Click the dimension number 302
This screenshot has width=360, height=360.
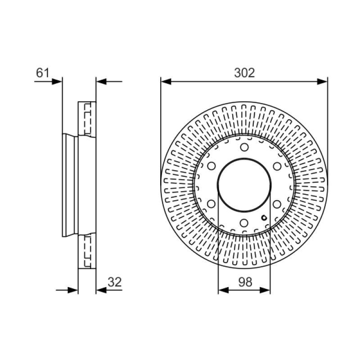[x=244, y=73]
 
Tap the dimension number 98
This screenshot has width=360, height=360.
[x=245, y=282]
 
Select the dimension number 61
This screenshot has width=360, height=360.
[x=42, y=73]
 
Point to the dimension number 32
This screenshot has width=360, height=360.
[x=114, y=282]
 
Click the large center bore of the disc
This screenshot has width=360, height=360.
[x=244, y=185]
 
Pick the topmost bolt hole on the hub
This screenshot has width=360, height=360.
[x=244, y=147]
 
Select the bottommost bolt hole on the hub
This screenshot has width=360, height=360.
[x=244, y=223]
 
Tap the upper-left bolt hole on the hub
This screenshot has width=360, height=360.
[x=211, y=166]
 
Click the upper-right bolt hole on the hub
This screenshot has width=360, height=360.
[x=277, y=166]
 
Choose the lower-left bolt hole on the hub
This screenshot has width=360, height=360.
[x=211, y=204]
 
